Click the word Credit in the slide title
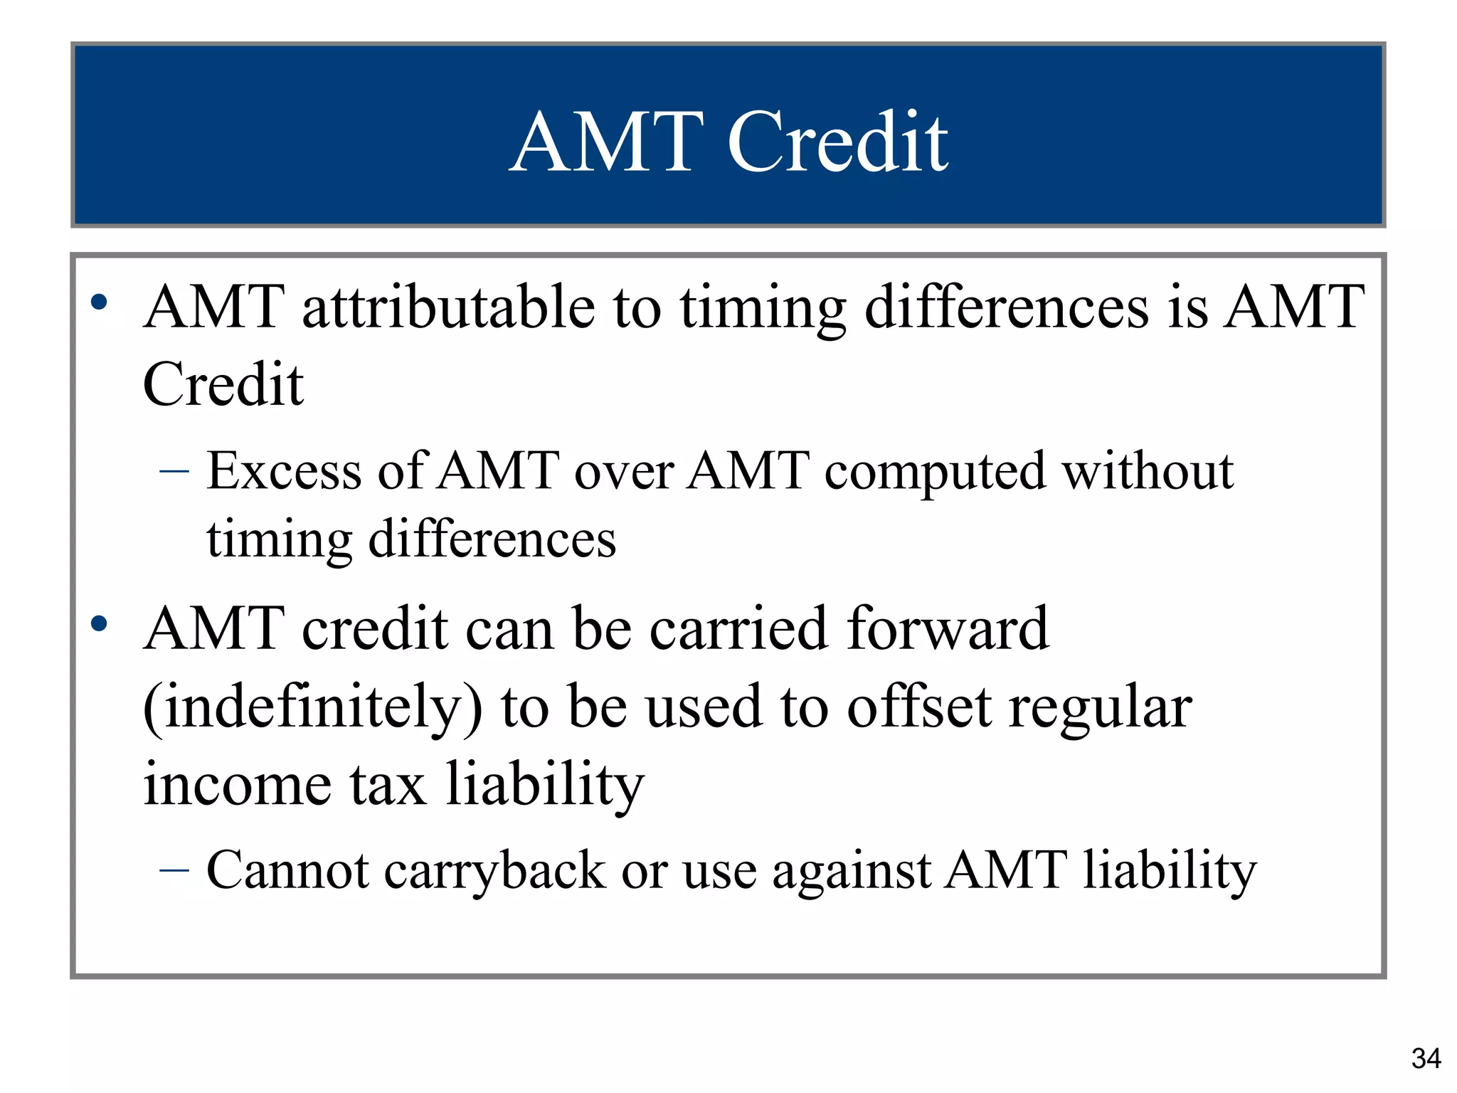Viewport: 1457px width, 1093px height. [x=837, y=142]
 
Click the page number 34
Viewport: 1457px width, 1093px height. [x=1426, y=1059]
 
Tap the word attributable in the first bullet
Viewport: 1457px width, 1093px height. [x=449, y=307]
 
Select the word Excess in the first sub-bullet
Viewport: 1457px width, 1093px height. [x=283, y=471]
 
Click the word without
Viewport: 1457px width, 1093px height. [x=1148, y=471]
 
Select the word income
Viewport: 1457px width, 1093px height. [x=238, y=784]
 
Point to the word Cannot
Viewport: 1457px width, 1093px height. [x=287, y=870]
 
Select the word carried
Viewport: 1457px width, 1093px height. [x=738, y=629]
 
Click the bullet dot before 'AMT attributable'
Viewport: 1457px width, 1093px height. [x=100, y=302]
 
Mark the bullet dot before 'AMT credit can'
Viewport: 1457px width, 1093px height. [x=100, y=624]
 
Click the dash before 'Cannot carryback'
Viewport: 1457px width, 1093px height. [x=175, y=870]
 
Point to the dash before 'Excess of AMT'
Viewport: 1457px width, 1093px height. [x=175, y=471]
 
